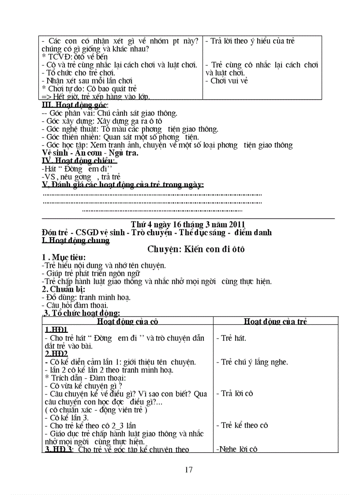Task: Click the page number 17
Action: tap(189, 469)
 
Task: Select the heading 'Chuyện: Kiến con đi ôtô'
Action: tap(196, 249)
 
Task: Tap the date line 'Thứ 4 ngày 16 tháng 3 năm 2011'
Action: tap(188, 224)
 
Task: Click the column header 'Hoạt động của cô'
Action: tap(128, 321)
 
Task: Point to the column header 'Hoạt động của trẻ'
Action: tap(275, 321)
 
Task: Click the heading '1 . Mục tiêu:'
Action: tap(64, 257)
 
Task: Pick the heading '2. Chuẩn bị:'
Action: tap(63, 289)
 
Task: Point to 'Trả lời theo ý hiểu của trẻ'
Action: tap(252, 41)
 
